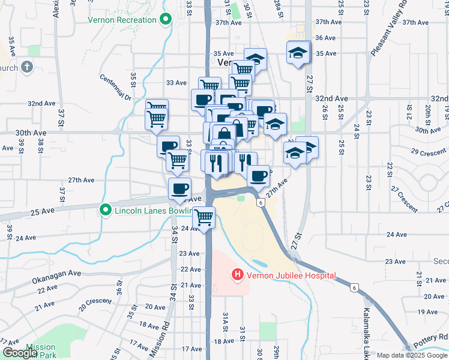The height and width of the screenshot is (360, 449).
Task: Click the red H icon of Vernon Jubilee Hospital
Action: [x=237, y=275]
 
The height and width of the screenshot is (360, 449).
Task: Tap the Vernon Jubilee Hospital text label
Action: [x=289, y=275]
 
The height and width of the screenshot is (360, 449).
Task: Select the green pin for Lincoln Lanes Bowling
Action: [x=106, y=210]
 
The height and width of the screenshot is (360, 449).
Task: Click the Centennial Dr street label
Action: [x=115, y=87]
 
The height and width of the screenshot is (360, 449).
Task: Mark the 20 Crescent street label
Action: [x=95, y=301]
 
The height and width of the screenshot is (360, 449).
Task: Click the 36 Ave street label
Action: [x=325, y=37]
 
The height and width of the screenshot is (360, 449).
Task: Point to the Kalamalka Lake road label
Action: [x=367, y=329]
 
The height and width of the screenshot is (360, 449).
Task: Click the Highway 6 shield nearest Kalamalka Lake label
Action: [x=354, y=289]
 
